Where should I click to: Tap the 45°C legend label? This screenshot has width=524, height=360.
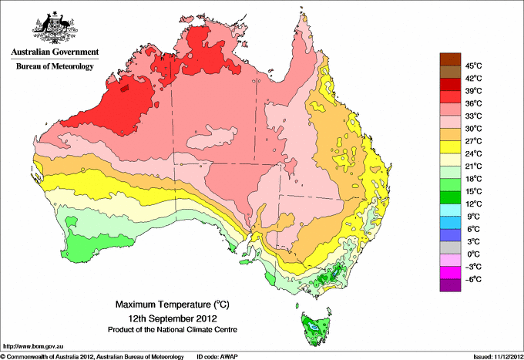pos(472,66)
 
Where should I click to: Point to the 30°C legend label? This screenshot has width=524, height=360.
pos(472,129)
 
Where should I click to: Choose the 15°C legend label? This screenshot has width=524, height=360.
pos(472,191)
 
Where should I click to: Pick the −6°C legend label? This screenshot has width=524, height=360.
pos(472,279)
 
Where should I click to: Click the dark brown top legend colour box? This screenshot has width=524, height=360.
pos(449,59)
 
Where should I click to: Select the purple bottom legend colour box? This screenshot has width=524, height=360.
pos(449,285)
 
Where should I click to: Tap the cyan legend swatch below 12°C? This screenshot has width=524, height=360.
pos(449,210)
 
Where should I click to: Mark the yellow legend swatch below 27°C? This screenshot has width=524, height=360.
pos(449,147)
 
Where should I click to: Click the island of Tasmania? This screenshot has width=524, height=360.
pos(315,328)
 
